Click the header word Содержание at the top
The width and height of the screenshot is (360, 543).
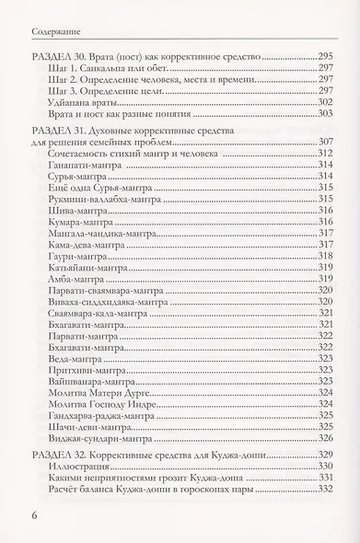pyautogui.click(x=42, y=15)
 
